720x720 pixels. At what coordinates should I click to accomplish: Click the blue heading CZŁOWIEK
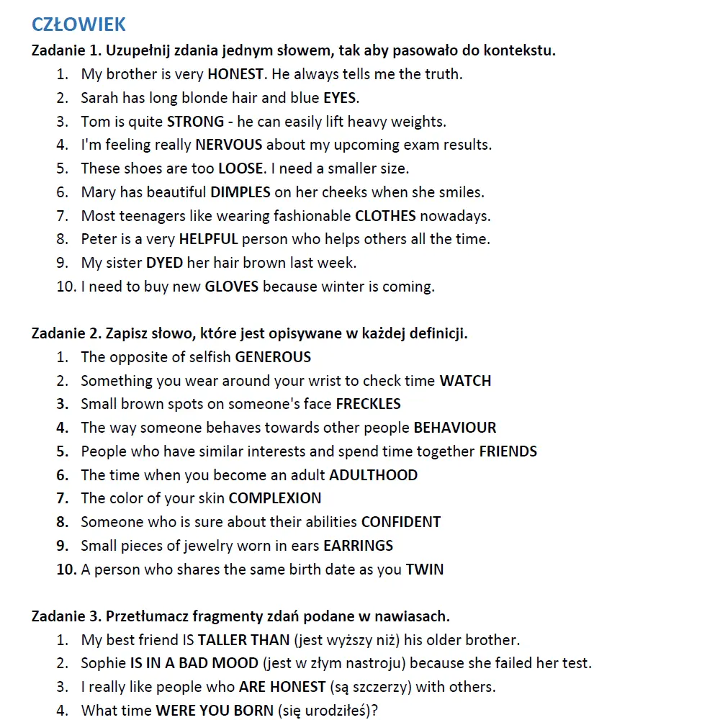point(78,24)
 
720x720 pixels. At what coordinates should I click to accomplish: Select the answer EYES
point(341,98)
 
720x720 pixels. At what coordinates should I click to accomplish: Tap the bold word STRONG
point(195,122)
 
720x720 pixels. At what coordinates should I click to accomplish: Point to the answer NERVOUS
point(229,145)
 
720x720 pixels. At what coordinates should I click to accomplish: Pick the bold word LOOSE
point(240,168)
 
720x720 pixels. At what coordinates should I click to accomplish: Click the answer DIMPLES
point(240,192)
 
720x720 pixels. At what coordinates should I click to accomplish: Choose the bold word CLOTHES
point(385,216)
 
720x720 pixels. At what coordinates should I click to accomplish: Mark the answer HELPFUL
point(208,239)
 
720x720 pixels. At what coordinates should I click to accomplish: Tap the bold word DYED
point(165,263)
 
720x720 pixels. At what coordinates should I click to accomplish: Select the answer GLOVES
point(232,287)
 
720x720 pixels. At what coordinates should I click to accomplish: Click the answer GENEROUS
point(273,357)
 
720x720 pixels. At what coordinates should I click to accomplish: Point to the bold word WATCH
point(465,381)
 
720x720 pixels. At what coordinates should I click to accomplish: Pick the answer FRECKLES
point(368,404)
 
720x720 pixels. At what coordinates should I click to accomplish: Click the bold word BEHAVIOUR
point(454,428)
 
